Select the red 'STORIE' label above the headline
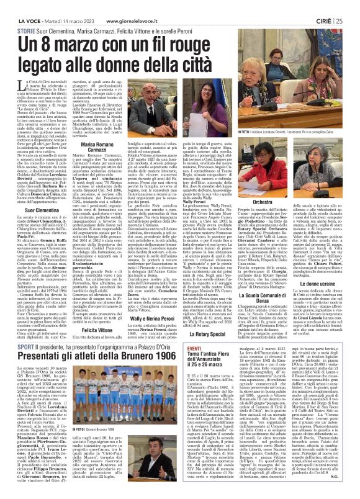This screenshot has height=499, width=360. pos(25,30)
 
